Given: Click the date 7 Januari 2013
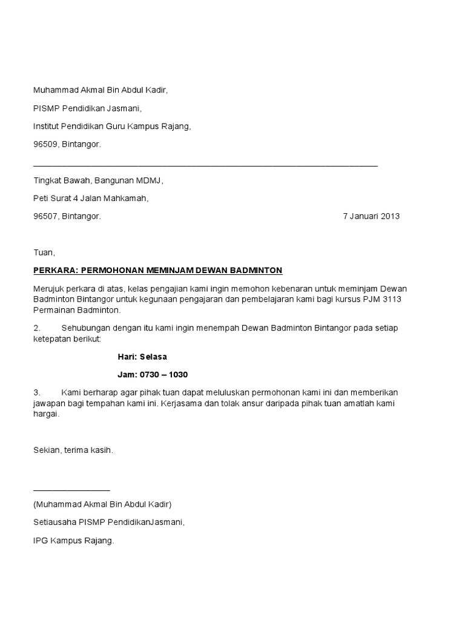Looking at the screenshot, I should (371, 216).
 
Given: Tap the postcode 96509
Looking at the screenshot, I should (45, 145).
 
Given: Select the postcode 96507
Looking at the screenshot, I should (45, 216).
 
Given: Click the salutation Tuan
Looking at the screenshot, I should (44, 252).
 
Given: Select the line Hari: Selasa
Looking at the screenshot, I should (142, 357).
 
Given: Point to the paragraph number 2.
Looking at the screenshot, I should (36, 328).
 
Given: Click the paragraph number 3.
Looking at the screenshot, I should (36, 392).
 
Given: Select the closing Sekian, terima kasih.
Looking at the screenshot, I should (73, 450).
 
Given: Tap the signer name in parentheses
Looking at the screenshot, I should (102, 504).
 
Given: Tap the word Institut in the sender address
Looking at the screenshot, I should (47, 127).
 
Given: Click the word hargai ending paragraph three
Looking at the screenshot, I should (46, 415).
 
